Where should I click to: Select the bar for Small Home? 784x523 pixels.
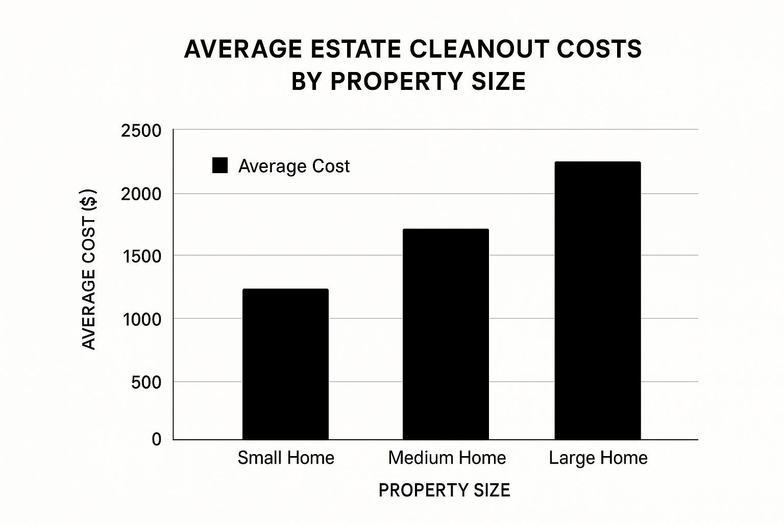tap(285, 364)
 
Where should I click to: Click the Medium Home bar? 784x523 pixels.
tap(446, 334)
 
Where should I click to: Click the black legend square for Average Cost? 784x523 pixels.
tap(220, 165)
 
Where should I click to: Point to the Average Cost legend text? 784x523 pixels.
tap(294, 166)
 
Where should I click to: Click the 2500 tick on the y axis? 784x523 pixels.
tap(141, 131)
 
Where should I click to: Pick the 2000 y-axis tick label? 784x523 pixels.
tap(141, 194)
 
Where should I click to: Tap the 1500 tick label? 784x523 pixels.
tap(142, 256)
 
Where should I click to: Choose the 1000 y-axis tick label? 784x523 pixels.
tap(142, 320)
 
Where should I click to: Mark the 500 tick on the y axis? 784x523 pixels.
tap(146, 382)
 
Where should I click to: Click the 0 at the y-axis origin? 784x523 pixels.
tap(157, 439)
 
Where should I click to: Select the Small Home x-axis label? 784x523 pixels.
tap(286, 458)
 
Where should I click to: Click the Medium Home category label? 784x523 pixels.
tap(447, 458)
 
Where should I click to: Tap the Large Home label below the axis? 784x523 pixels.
tap(598, 458)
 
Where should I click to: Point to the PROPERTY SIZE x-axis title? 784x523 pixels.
tap(444, 490)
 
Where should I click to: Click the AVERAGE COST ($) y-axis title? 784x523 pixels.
tap(89, 269)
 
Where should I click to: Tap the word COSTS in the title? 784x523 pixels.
tap(599, 50)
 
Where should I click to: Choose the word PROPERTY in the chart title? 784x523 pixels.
tap(397, 82)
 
